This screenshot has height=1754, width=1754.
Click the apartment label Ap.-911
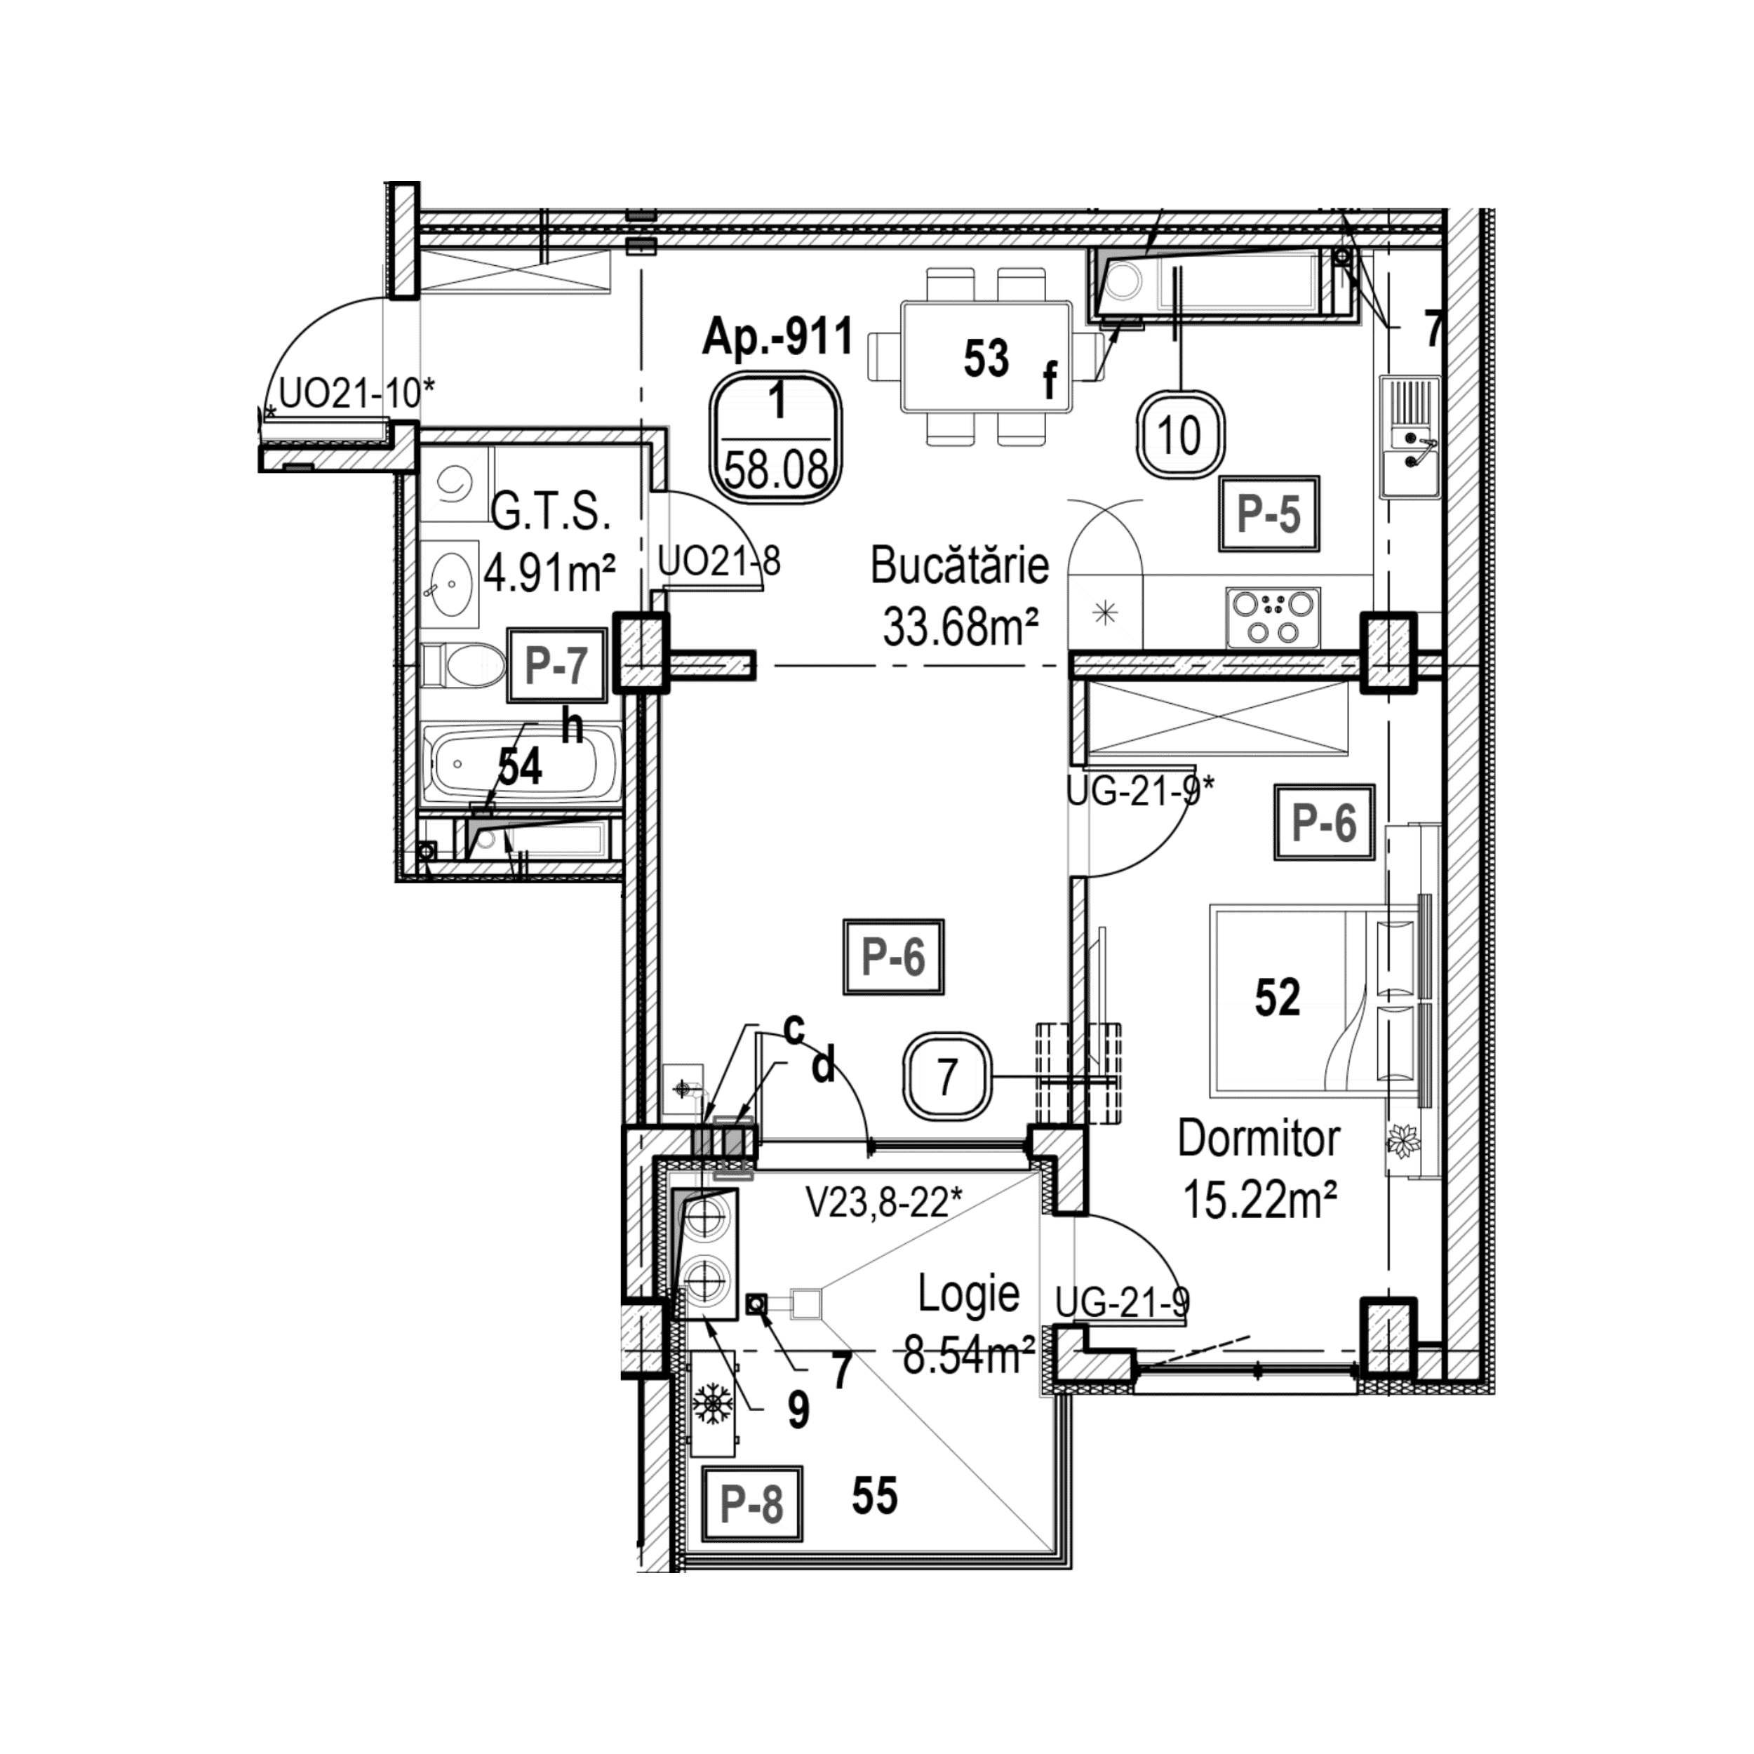[x=778, y=337]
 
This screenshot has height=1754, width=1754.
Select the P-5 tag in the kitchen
[x=1268, y=514]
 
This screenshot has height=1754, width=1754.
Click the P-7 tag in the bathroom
[x=556, y=665]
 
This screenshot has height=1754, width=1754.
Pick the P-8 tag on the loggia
[x=751, y=1504]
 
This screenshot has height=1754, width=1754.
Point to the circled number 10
[x=1180, y=435]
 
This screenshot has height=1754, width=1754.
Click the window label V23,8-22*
[x=883, y=1204]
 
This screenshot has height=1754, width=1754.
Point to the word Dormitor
[x=1258, y=1139]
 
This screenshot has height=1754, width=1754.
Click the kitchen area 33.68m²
[x=960, y=627]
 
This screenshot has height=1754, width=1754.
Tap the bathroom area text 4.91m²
[x=550, y=574]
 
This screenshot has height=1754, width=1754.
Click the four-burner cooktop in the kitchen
[x=1273, y=617]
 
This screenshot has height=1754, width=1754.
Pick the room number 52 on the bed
[x=1278, y=997]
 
